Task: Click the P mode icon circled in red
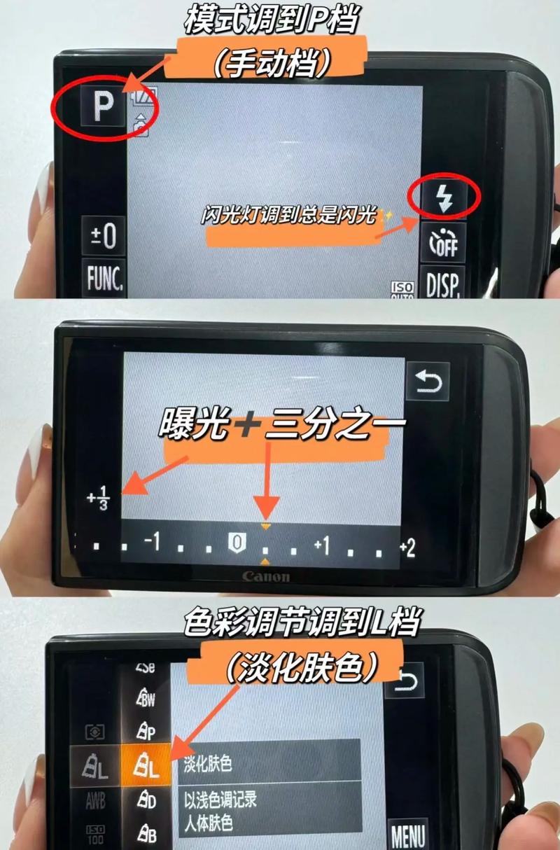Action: [102, 107]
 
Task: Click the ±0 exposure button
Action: [103, 237]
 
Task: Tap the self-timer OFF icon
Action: [442, 243]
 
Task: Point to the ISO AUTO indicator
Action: [402, 289]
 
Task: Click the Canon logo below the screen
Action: [265, 576]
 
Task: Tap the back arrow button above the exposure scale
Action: [428, 382]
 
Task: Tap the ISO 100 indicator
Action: [95, 832]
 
